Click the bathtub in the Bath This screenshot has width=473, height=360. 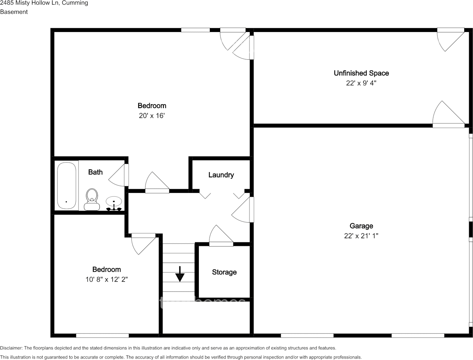pos(67,186)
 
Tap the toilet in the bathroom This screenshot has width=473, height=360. pos(92,199)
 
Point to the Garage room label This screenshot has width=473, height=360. pos(361,226)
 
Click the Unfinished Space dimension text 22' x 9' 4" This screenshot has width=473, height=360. pos(361,83)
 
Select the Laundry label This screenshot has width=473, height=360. pos(221,175)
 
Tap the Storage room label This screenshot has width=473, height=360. pos(224,272)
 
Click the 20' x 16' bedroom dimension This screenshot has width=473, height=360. pos(152,116)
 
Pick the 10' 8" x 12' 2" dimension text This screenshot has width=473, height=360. pos(107,279)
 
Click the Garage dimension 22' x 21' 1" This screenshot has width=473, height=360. pos(361,236)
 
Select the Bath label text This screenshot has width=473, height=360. pos(95,172)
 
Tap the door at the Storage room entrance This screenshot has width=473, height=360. pos(221,236)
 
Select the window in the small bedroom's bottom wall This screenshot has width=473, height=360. pos(102,335)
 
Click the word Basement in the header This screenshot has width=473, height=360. pos(14,12)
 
